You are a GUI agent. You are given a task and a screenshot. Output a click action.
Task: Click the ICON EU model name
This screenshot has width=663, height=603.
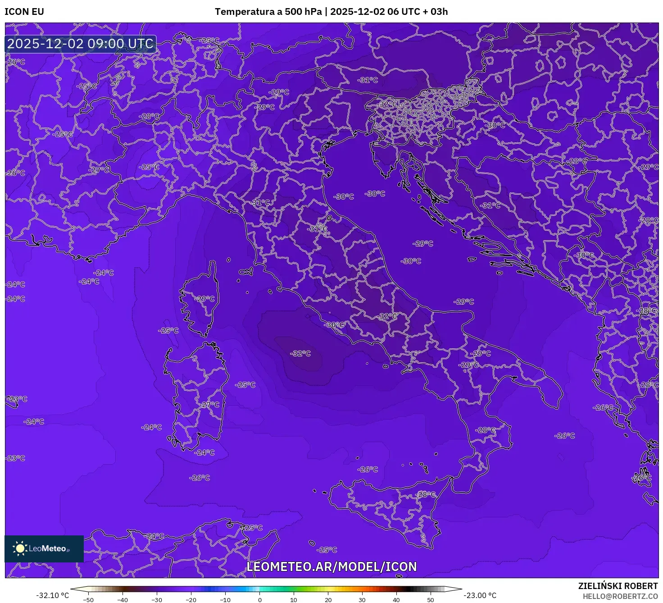(x=24, y=12)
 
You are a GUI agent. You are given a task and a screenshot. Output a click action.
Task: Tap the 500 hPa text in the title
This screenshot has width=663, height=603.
(x=303, y=12)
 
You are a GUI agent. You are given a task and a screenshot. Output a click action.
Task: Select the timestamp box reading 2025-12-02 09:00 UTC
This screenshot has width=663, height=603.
(x=81, y=44)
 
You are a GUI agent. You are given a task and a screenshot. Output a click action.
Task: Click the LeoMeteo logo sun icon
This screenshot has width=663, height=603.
(x=20, y=548)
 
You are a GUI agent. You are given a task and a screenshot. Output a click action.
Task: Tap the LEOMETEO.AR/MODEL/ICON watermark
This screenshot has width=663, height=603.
(x=331, y=566)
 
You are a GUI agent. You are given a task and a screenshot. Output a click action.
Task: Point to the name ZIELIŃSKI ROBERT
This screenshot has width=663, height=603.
(x=618, y=586)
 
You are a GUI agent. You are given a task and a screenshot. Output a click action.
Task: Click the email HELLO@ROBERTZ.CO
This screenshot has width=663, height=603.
(x=620, y=596)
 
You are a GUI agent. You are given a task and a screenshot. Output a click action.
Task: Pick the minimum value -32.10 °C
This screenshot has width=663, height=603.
(x=53, y=595)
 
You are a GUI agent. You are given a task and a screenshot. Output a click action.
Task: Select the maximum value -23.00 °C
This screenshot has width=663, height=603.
(x=480, y=595)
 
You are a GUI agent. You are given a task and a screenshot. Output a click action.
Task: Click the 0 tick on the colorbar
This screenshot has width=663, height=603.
(x=259, y=599)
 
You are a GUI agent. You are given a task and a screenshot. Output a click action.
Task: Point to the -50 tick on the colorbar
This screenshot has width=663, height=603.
(x=88, y=599)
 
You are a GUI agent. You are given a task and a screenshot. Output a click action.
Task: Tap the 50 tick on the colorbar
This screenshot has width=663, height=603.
(x=431, y=599)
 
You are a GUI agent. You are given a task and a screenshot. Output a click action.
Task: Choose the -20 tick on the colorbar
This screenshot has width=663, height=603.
(x=191, y=599)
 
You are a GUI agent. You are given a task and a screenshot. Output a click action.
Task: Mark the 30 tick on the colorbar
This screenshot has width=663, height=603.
(x=362, y=599)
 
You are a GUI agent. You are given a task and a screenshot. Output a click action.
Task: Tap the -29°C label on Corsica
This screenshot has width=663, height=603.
(x=205, y=299)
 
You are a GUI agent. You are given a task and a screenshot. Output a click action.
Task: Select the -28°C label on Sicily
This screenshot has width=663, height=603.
(x=426, y=494)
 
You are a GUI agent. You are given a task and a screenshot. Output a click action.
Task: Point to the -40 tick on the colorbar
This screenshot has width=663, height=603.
(x=123, y=599)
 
